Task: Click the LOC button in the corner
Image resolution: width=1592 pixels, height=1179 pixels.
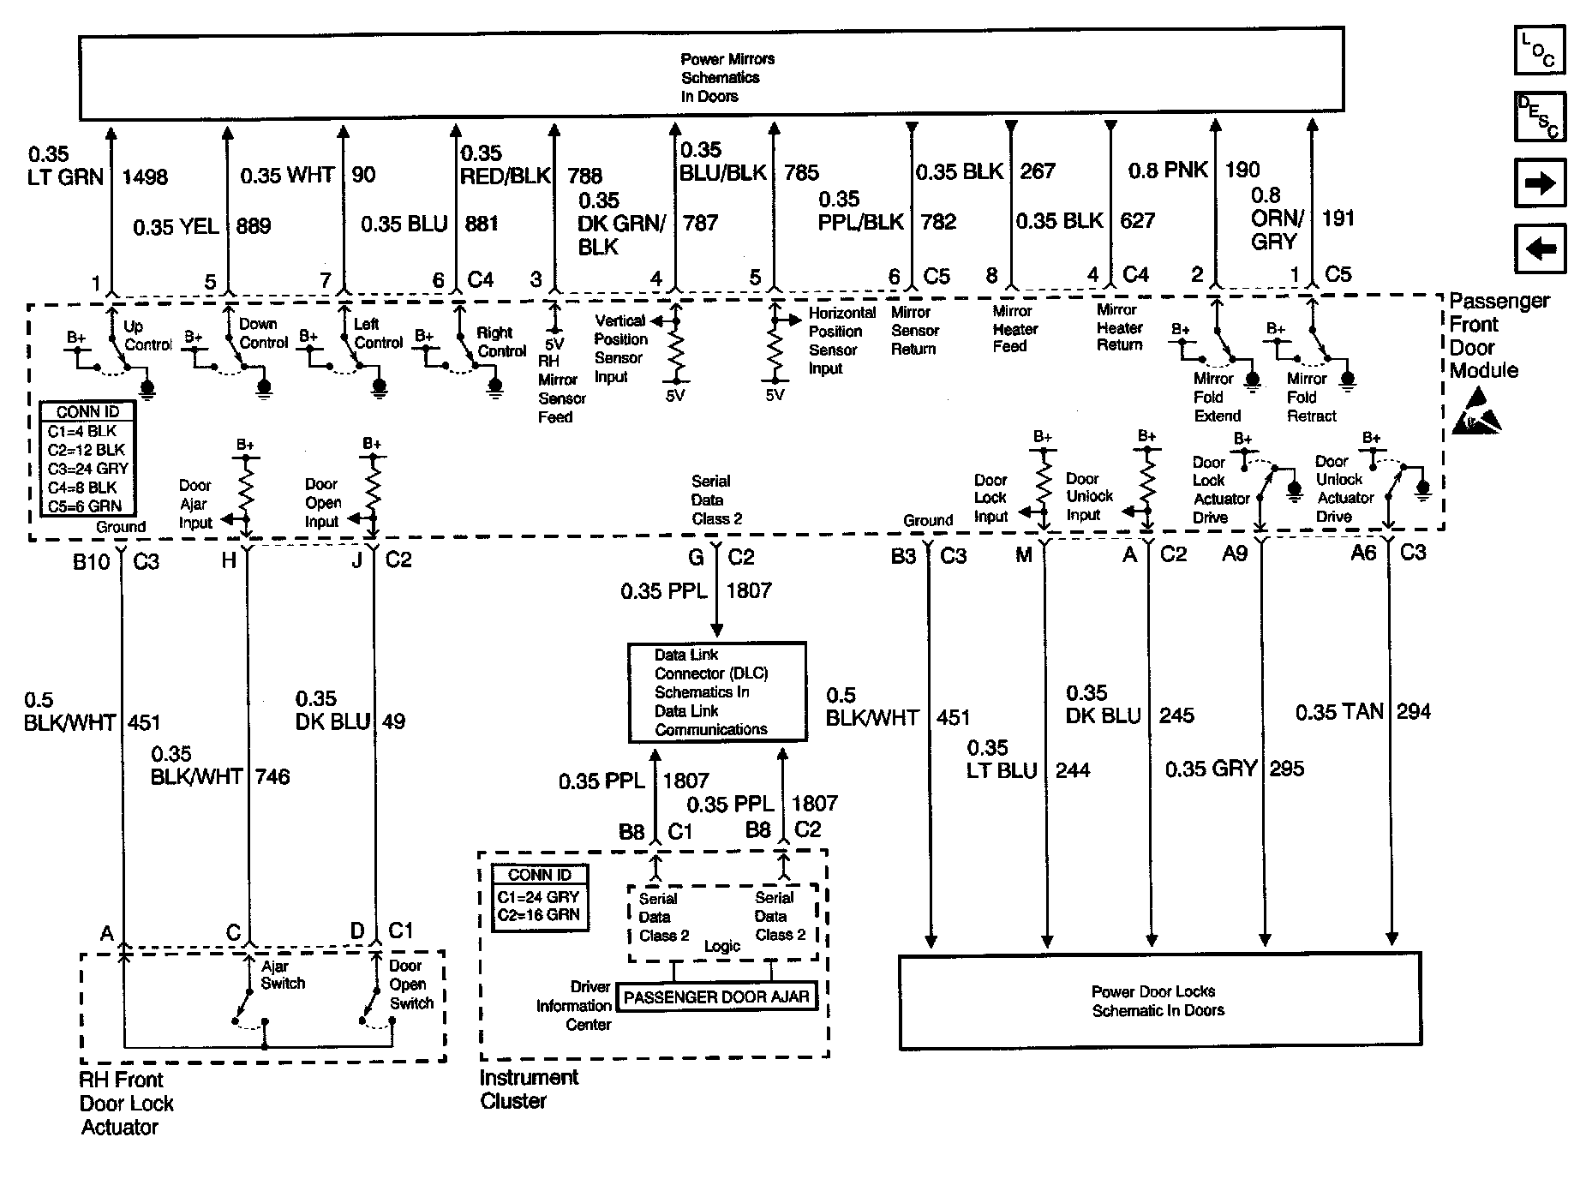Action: point(1539,51)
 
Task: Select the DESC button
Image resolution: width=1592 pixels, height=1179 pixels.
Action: point(1539,117)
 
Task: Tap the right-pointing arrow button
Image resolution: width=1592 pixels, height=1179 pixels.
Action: point(1539,183)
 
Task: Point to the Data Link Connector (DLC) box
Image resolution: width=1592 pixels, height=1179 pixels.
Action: point(717,692)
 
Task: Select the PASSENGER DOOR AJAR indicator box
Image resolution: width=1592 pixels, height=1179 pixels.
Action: point(716,997)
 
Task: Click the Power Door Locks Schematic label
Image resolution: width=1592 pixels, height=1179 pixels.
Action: point(1158,1001)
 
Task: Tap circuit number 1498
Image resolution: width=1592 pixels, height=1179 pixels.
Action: point(145,177)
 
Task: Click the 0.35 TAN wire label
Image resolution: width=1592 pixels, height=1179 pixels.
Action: point(1338,712)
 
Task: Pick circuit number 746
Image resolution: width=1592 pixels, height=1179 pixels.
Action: point(272,777)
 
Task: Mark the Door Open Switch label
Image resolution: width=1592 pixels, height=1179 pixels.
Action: point(411,984)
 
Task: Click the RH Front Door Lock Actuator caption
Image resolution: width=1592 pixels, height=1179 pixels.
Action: point(126,1104)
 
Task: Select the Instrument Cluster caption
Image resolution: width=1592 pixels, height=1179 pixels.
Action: point(529,1089)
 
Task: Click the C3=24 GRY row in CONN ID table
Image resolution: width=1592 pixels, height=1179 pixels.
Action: point(87,469)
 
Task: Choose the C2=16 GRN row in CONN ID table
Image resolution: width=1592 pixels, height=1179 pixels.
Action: point(540,915)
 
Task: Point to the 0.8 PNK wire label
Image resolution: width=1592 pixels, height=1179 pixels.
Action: point(1168,171)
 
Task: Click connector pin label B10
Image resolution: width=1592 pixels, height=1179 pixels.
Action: point(92,560)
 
